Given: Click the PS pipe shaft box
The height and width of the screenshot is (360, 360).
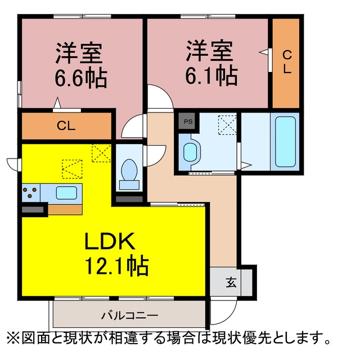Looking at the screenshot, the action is pyautogui.click(x=188, y=121).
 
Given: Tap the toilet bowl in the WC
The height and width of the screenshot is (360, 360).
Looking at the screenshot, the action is pyautogui.click(x=129, y=170).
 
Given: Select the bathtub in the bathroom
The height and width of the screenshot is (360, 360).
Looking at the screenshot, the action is pyautogui.click(x=285, y=142).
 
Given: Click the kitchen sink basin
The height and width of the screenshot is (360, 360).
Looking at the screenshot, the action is pyautogui.click(x=66, y=193).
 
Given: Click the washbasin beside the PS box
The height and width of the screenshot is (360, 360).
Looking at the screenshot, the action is pyautogui.click(x=190, y=152).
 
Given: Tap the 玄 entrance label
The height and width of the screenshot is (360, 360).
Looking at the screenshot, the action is pyautogui.click(x=231, y=282).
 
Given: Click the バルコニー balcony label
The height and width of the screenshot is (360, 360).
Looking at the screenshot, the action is pyautogui.click(x=130, y=315).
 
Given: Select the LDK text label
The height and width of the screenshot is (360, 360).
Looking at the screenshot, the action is pyautogui.click(x=110, y=241).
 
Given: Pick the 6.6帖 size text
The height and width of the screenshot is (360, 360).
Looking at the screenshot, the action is pyautogui.click(x=81, y=78).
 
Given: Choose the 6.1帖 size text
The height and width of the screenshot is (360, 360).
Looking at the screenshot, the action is pyautogui.click(x=211, y=75).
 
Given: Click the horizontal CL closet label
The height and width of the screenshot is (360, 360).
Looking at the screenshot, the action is pyautogui.click(x=66, y=125).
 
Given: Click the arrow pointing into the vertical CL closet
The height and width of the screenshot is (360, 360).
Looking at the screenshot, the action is pyautogui.click(x=264, y=52).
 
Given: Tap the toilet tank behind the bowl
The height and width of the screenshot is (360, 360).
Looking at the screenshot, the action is pyautogui.click(x=129, y=185).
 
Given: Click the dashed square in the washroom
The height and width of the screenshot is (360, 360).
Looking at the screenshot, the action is pyautogui.click(x=227, y=125).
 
